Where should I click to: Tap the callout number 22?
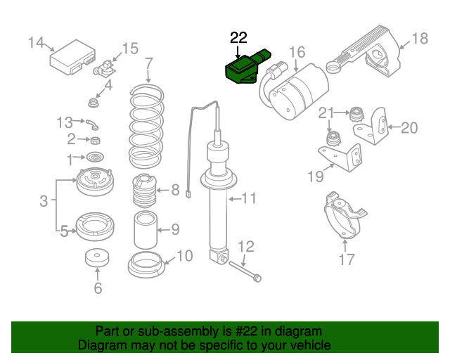tap(238, 38)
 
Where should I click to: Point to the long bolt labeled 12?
tap(243, 271)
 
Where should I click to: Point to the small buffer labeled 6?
tap(97, 259)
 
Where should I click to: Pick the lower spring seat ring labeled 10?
tap(146, 265)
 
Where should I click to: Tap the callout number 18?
tap(419, 39)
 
